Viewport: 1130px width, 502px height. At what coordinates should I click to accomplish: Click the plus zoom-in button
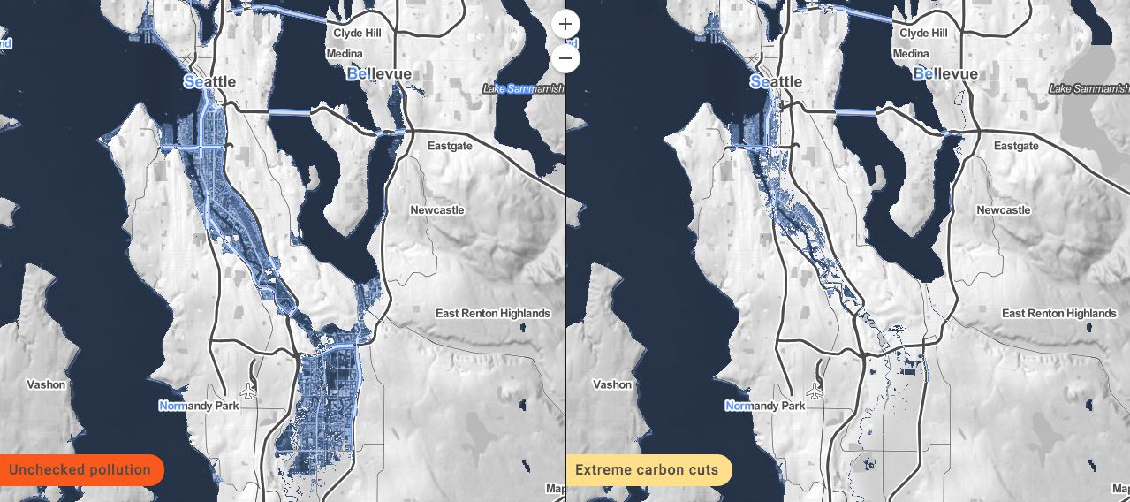[x=565, y=24]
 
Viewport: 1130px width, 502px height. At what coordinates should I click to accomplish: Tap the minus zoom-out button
[x=565, y=59]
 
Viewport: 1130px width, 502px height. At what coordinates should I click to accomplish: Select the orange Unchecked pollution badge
[x=80, y=469]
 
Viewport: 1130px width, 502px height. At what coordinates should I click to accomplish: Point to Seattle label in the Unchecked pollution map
[x=209, y=81]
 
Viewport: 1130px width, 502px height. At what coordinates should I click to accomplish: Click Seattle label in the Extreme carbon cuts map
[x=776, y=81]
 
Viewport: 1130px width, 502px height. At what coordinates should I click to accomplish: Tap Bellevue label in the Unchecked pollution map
[x=379, y=73]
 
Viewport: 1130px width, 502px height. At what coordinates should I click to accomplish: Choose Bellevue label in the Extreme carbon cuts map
[x=945, y=73]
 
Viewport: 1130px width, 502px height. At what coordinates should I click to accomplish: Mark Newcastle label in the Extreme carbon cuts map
[x=1004, y=210]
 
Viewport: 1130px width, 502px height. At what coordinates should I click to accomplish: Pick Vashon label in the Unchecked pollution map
[x=46, y=384]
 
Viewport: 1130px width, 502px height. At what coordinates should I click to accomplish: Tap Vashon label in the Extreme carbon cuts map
[x=612, y=384]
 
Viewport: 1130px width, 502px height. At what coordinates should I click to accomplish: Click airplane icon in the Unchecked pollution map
[x=248, y=391]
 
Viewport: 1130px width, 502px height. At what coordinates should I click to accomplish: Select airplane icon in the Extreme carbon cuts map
[x=815, y=391]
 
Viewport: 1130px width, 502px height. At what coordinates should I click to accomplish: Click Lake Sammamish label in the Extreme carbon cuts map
[x=1088, y=88]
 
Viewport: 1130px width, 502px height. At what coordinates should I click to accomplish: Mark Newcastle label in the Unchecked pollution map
[x=437, y=210]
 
